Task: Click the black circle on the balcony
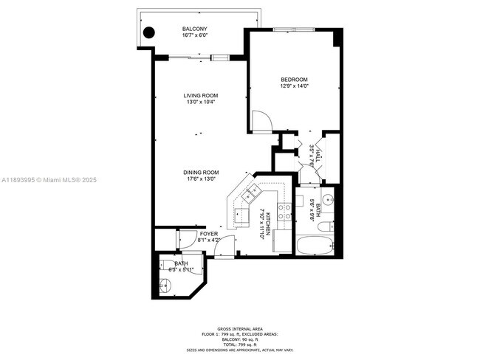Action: coord(148,32)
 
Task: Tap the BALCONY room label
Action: coord(195,30)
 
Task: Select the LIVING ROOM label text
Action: coord(201,95)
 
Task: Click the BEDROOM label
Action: coord(294,80)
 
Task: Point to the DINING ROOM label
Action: coord(201,173)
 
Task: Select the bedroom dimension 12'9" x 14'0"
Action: coord(294,86)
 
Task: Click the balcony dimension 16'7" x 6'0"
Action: coord(195,36)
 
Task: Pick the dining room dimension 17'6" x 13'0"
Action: coord(201,180)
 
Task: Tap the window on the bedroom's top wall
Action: coord(294,29)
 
